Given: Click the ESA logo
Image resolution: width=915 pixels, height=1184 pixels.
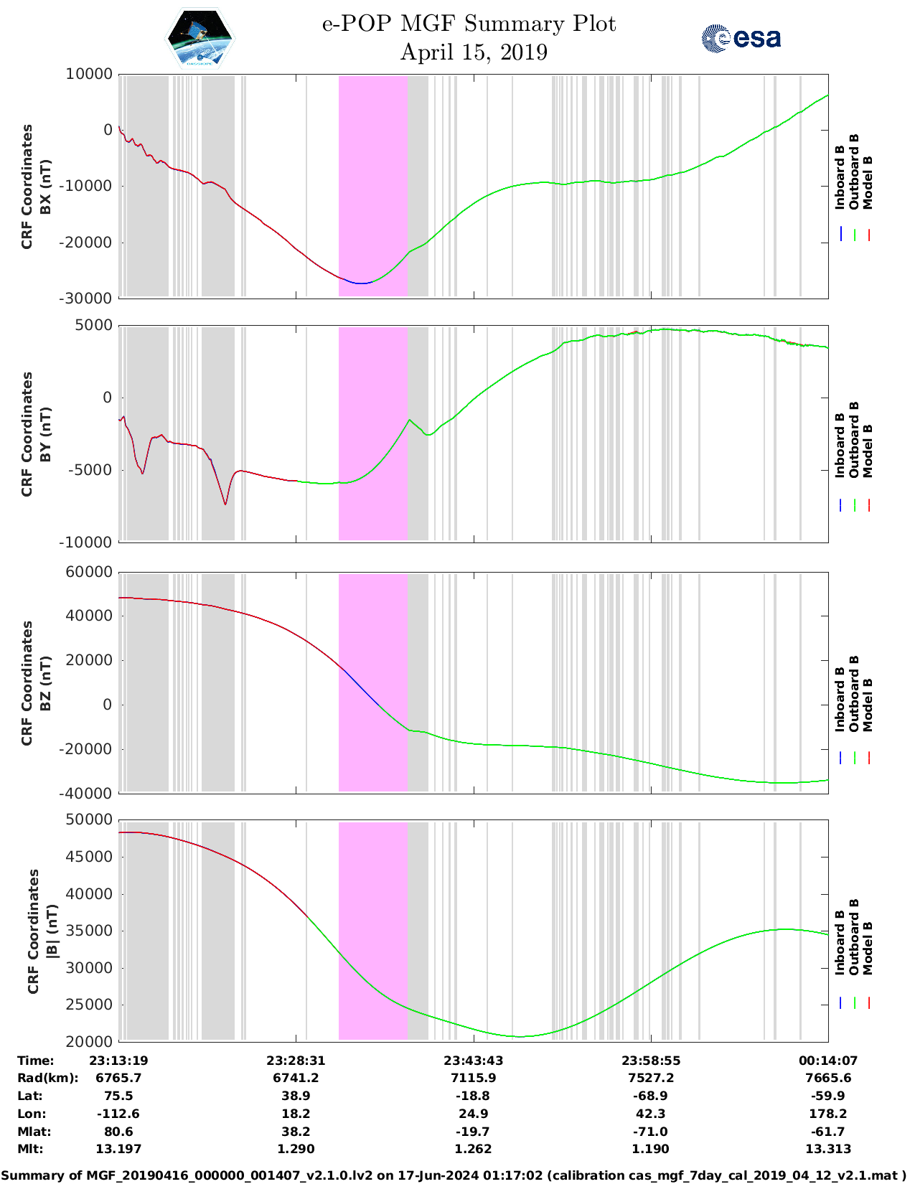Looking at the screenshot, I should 741,38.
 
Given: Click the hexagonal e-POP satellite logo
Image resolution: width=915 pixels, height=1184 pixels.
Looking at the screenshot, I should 200,38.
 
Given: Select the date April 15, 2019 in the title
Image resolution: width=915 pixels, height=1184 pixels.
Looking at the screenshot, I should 474,52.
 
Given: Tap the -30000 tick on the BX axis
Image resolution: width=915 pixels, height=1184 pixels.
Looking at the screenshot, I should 88,299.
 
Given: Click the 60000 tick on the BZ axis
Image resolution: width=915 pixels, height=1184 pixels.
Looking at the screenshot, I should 88,573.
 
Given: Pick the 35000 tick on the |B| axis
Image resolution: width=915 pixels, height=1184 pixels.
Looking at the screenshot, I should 88,931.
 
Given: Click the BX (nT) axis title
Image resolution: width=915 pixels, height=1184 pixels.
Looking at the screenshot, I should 45,187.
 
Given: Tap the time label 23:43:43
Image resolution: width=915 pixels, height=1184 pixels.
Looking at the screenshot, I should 473,1061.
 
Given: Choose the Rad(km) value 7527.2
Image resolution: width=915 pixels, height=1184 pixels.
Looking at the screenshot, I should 650,1078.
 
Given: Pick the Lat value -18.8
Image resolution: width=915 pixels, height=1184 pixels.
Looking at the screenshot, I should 473,1096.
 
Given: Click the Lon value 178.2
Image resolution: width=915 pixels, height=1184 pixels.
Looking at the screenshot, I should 828,1114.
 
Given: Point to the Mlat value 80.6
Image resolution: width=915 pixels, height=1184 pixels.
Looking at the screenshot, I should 118,1132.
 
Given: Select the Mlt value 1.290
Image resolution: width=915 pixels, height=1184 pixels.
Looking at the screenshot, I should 296,1149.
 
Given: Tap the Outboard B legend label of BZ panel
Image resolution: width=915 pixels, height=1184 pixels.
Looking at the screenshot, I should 854,693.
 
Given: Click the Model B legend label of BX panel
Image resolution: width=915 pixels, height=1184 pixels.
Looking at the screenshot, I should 868,182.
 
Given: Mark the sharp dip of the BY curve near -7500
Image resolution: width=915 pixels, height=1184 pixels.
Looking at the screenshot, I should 225,504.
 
